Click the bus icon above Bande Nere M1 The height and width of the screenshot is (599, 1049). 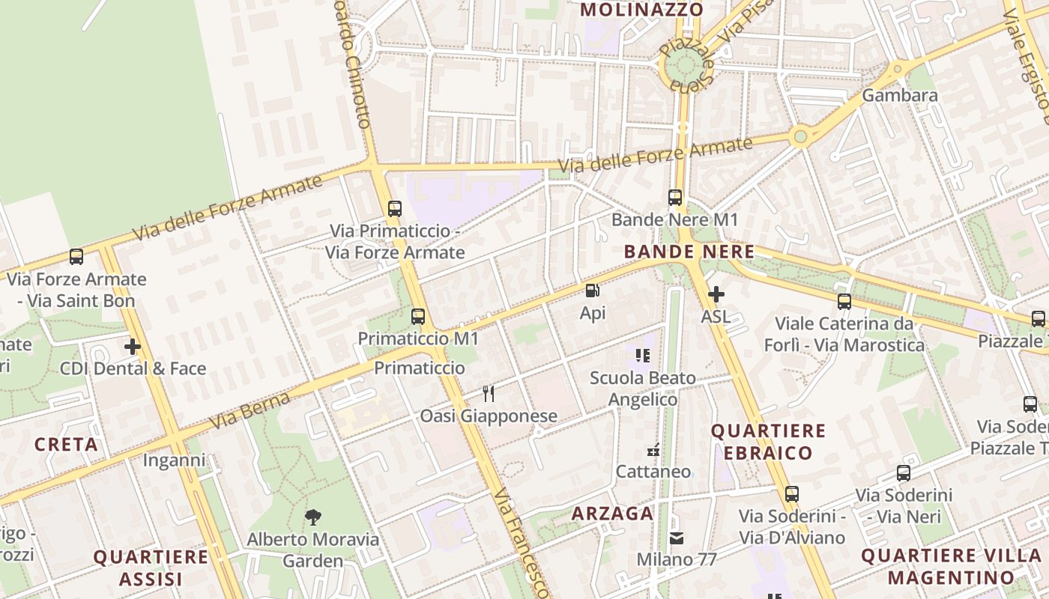[x=675, y=198]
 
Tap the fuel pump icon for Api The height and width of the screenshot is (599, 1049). [x=592, y=291]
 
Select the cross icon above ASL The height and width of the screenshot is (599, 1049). [x=716, y=294]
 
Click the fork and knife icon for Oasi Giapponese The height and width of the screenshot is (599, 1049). [x=489, y=393]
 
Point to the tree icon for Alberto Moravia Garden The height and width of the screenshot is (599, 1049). [x=313, y=517]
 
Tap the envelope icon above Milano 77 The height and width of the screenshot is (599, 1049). [x=677, y=538]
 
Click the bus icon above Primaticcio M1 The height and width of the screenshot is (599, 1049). [x=418, y=317]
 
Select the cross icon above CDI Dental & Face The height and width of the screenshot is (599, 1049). [x=133, y=347]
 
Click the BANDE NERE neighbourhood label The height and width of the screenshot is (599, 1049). [x=689, y=252]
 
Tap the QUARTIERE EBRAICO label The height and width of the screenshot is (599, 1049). [x=768, y=442]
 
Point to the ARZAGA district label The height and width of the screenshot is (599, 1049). [x=612, y=514]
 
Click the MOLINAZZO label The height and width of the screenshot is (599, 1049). [x=642, y=10]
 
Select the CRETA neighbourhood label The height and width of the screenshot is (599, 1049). [x=66, y=445]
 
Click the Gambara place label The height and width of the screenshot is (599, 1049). [x=900, y=96]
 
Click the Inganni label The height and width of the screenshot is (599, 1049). [x=174, y=460]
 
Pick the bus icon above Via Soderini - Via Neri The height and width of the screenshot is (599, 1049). [x=904, y=473]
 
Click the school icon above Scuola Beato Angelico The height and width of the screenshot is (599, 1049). [x=642, y=356]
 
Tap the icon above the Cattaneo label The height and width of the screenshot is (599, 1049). [x=653, y=450]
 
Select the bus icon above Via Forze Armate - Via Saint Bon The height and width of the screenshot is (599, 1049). [x=76, y=257]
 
